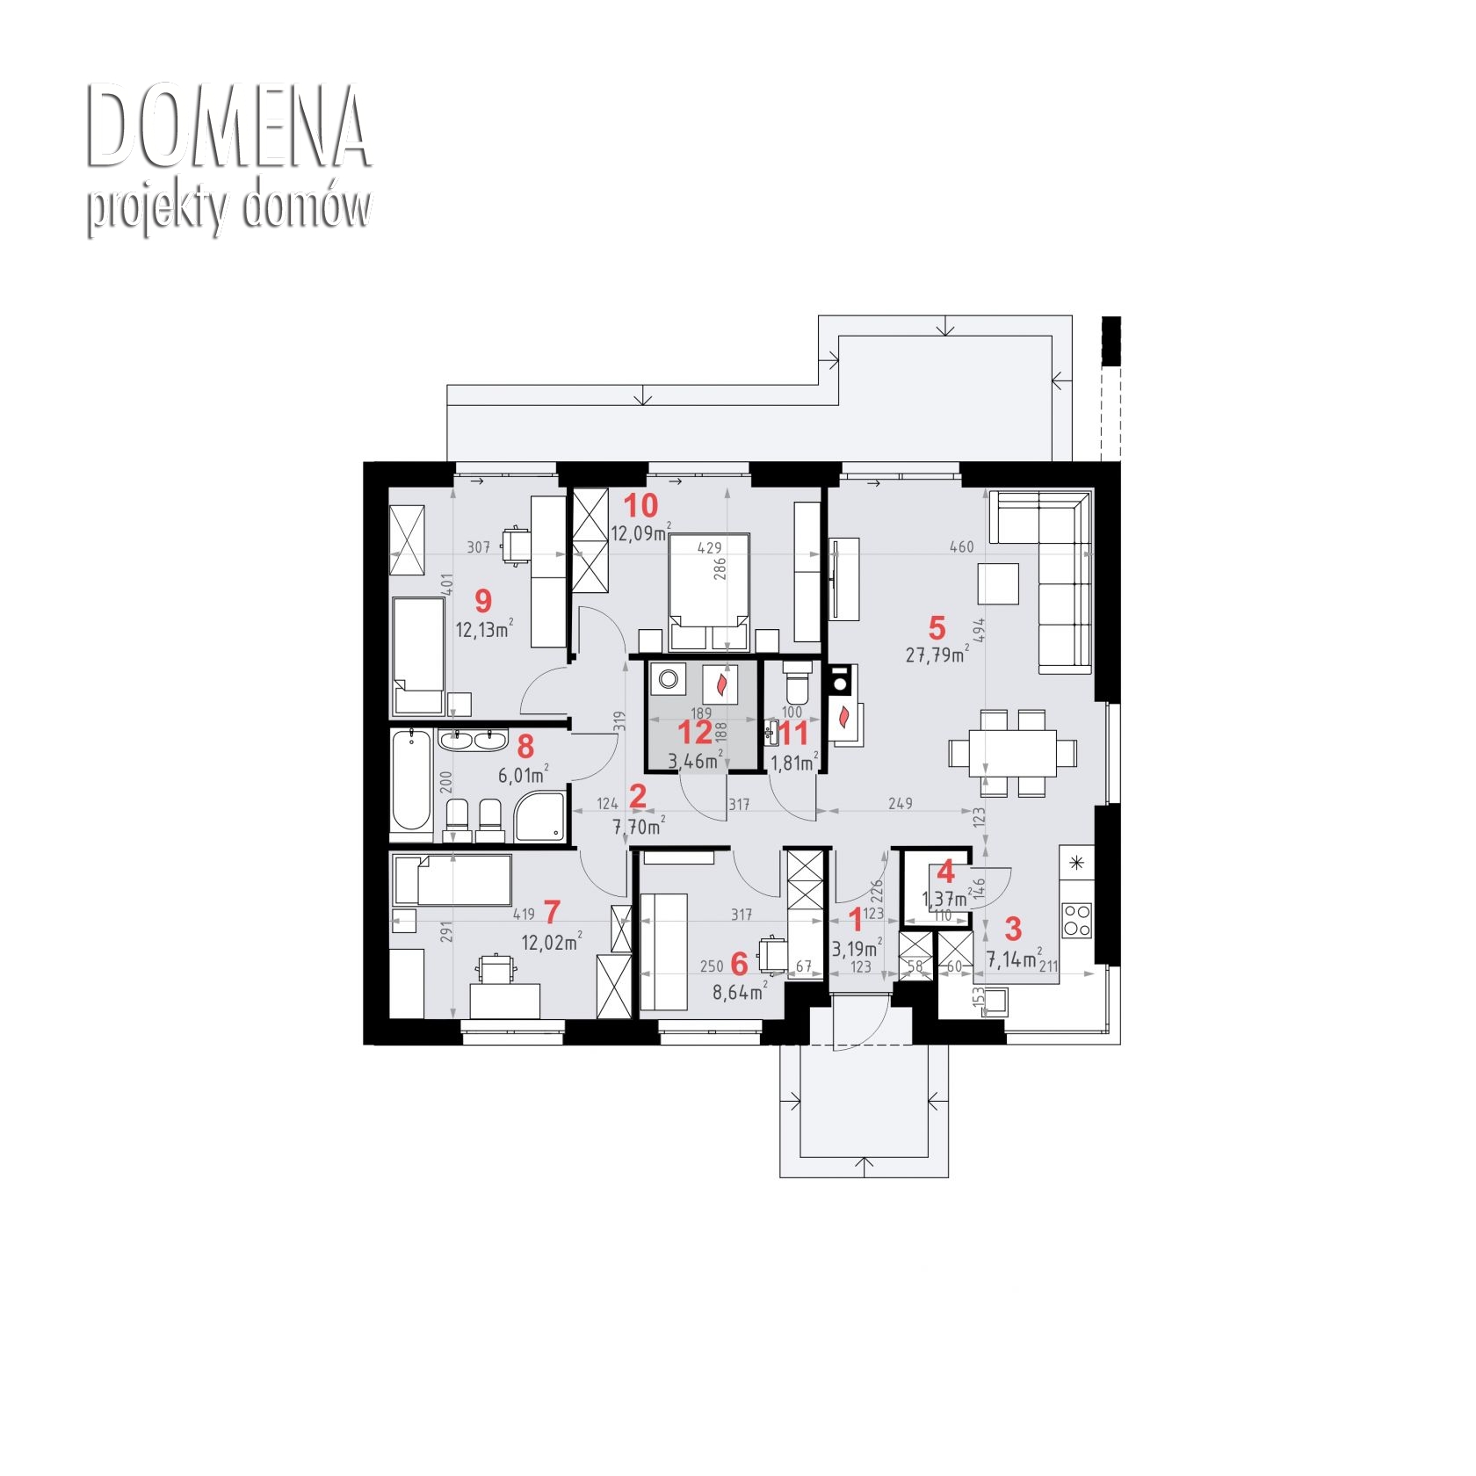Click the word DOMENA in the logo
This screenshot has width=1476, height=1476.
tap(228, 127)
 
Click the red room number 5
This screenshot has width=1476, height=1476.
tap(937, 628)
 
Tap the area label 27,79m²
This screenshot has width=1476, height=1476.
tap(937, 655)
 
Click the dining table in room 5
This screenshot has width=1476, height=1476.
tap(1013, 753)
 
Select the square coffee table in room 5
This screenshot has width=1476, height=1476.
tap(998, 583)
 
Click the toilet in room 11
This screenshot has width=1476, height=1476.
tap(798, 682)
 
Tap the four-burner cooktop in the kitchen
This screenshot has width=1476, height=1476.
tap(1077, 920)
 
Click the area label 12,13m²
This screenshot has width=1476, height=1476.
tap(484, 629)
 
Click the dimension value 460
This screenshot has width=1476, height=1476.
tap(962, 546)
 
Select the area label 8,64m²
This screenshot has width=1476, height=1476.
tap(740, 991)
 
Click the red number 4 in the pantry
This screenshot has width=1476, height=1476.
tap(945, 872)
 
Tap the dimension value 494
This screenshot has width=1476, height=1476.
tap(980, 631)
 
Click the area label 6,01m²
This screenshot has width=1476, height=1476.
tap(525, 774)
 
